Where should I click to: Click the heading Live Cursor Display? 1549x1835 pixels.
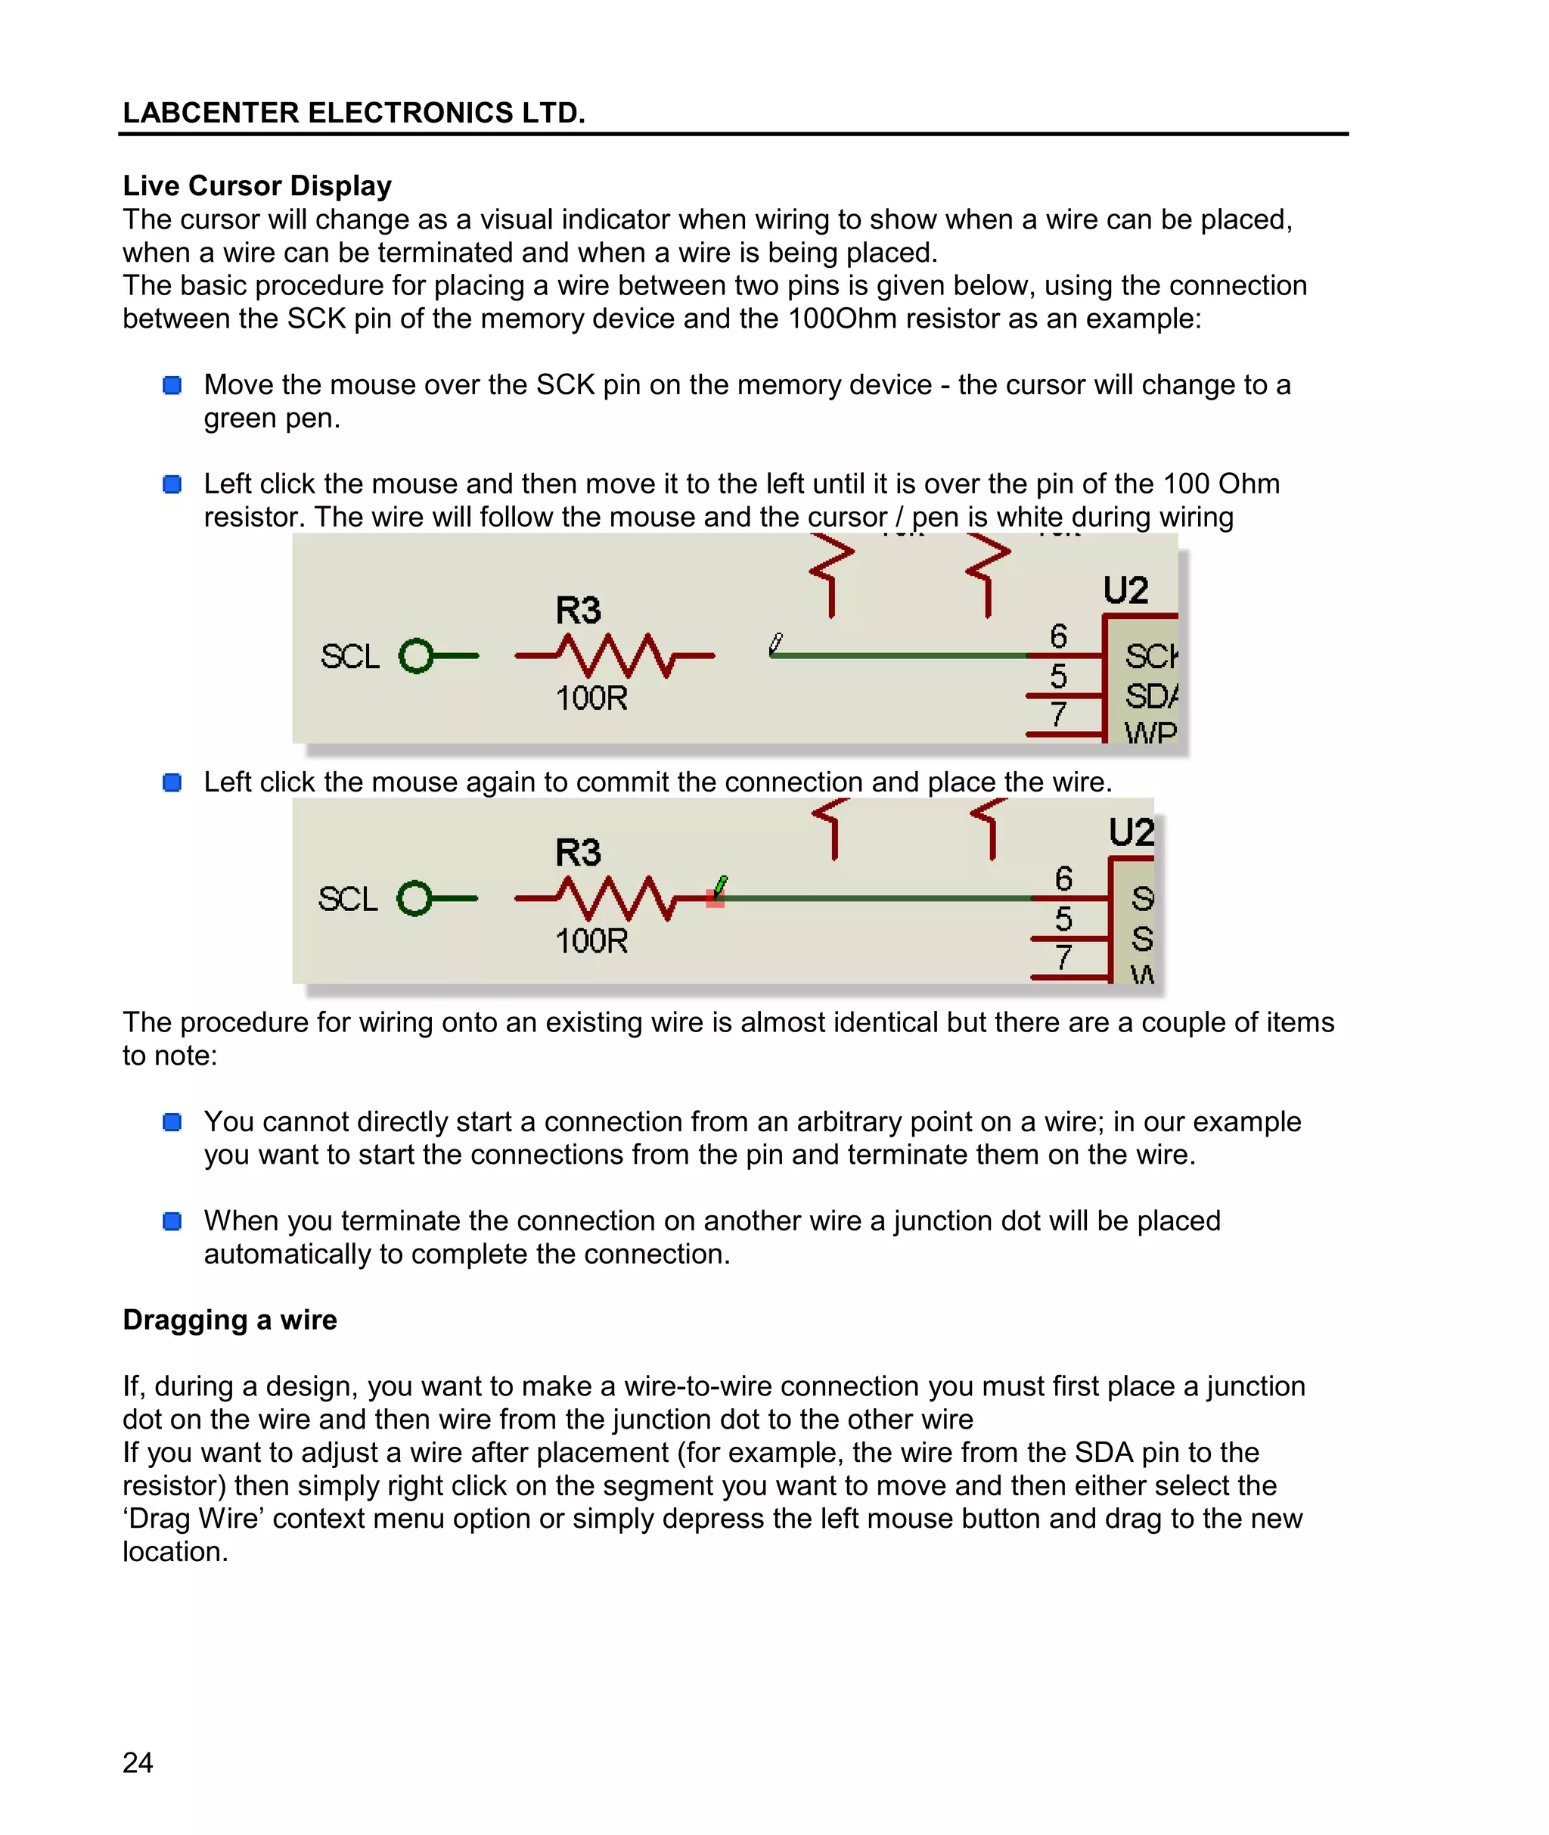[256, 185]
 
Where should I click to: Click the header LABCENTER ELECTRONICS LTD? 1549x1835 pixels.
[353, 113]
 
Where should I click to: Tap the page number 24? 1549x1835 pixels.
[138, 1762]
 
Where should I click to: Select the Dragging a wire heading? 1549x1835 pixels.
[229, 1320]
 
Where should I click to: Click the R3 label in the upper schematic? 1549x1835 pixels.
[578, 611]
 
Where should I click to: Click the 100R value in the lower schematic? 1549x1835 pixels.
[591, 941]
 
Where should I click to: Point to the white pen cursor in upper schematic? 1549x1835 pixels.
[775, 644]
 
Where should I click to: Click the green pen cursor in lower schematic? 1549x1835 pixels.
[720, 885]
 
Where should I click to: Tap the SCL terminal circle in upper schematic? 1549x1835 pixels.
[416, 655]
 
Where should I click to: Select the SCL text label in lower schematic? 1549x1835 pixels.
[348, 900]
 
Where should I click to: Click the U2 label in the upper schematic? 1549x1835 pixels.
[1125, 590]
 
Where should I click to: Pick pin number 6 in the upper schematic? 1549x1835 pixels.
[1058, 636]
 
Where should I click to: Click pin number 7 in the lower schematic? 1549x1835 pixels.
[1063, 956]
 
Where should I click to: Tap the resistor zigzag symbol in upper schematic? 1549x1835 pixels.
[615, 655]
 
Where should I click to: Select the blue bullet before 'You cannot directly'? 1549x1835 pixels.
[172, 1121]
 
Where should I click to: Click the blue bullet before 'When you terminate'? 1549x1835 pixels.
[172, 1221]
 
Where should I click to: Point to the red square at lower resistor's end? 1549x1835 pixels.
[715, 899]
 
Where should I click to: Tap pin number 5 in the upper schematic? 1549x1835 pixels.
[1058, 676]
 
